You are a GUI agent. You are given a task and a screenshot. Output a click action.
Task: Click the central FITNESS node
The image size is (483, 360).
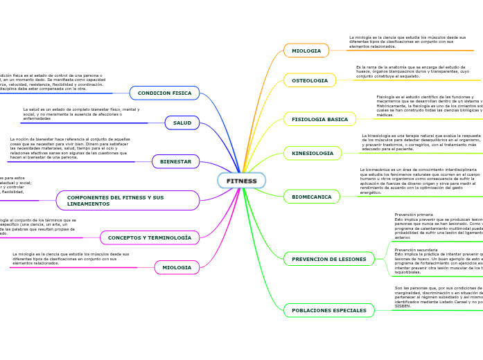pyautogui.click(x=241, y=181)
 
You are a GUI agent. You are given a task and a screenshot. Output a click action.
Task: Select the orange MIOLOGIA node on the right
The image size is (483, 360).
pyautogui.click(x=306, y=51)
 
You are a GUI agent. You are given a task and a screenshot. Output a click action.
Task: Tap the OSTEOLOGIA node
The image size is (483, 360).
pyautogui.click(x=310, y=80)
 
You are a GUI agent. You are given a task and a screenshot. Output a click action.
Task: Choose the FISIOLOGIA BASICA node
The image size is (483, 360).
pyautogui.click(x=319, y=119)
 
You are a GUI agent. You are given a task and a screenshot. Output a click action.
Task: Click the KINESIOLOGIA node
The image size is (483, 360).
pyautogui.click(x=313, y=153)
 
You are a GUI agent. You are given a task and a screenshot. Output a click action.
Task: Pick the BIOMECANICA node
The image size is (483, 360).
pyautogui.click(x=311, y=197)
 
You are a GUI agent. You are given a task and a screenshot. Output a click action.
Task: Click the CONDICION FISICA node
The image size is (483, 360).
pyautogui.click(x=164, y=93)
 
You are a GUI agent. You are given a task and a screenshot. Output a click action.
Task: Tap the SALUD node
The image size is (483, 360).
pyautogui.click(x=182, y=123)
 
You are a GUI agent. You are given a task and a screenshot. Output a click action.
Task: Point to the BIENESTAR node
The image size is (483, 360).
pyautogui.click(x=175, y=161)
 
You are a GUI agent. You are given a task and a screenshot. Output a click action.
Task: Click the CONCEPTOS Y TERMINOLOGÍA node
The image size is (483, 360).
pyautogui.click(x=149, y=237)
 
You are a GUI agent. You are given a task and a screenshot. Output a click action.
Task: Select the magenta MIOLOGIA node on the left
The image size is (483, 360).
pyautogui.click(x=177, y=267)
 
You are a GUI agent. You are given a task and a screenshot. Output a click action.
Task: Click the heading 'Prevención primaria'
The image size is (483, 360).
pyautogui.click(x=414, y=215)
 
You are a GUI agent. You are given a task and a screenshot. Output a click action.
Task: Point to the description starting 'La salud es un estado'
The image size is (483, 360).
pyautogui.click(x=81, y=114)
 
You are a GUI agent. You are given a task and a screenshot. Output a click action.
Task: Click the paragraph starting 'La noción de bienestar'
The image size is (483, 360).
pyautogui.click(x=69, y=148)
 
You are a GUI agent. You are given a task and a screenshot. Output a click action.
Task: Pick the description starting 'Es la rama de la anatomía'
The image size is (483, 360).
pyautogui.click(x=412, y=71)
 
